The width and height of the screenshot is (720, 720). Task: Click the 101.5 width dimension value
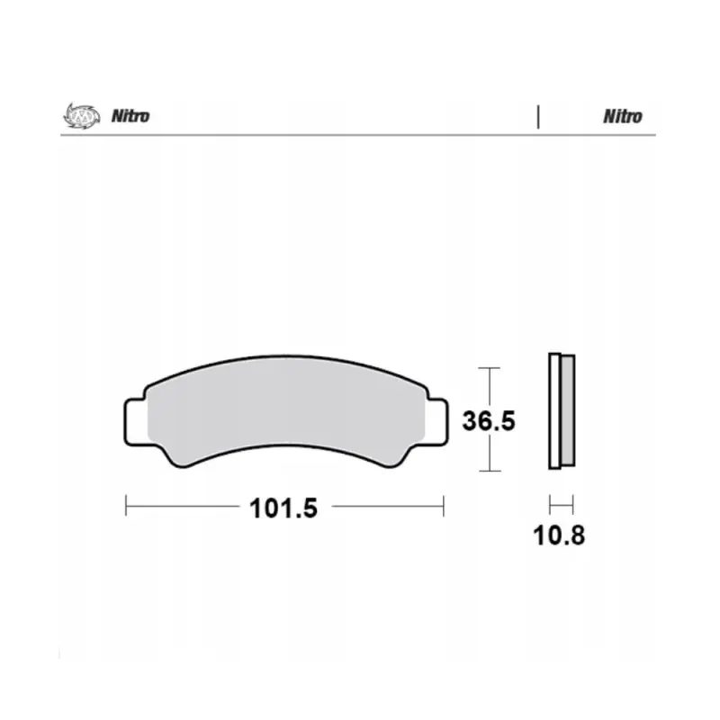283,508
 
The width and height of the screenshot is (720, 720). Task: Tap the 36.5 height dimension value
489,420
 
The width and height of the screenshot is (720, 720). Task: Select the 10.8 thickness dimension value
559,535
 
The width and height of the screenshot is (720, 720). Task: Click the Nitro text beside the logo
130,116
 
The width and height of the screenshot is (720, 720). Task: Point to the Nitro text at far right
622,117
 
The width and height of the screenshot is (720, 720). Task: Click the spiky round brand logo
82,115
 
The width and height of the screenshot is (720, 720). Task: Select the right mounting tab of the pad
436,422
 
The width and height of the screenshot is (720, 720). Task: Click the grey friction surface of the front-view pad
285,408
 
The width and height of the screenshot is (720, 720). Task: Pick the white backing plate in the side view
554,411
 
